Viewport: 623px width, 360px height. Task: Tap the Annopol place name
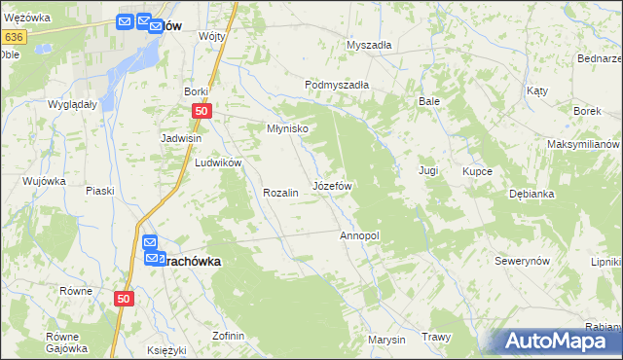pos(358,235)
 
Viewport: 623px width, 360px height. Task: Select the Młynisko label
pos(287,128)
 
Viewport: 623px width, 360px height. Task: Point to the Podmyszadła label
pos(337,85)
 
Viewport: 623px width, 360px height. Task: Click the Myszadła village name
pos(369,45)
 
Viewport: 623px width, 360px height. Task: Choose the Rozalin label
pos(279,193)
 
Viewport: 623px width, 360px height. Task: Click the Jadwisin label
pos(181,138)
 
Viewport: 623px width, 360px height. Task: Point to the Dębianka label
pos(531,194)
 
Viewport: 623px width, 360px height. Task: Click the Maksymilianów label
pos(583,144)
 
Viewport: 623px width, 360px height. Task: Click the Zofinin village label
pos(228,336)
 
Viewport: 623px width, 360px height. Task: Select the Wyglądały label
pos(72,103)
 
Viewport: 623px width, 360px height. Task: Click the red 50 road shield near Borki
pos(201,112)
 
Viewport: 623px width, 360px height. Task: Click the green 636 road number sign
pos(13,37)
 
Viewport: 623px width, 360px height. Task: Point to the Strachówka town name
pos(188,261)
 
